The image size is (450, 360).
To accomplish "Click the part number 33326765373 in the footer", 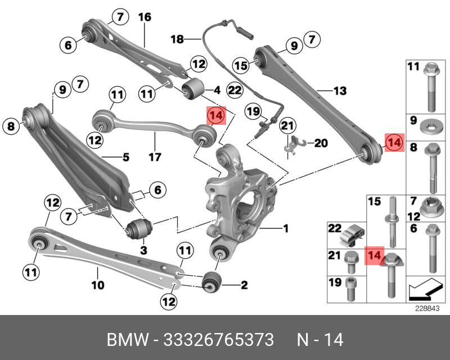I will point(218,340).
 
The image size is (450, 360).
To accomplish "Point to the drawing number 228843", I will point(425,308).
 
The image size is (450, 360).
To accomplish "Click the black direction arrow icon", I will point(424,290).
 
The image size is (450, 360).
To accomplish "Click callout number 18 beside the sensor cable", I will point(177,39).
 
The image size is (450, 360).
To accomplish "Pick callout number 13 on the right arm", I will point(340,91).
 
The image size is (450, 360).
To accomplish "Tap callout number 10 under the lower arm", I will point(97,285).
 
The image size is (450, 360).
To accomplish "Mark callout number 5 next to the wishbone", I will point(126,157).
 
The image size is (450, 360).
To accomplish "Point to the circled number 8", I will point(11,127).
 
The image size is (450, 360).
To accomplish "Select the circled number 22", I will point(235,90).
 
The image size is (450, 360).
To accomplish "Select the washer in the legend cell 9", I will point(431,124).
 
